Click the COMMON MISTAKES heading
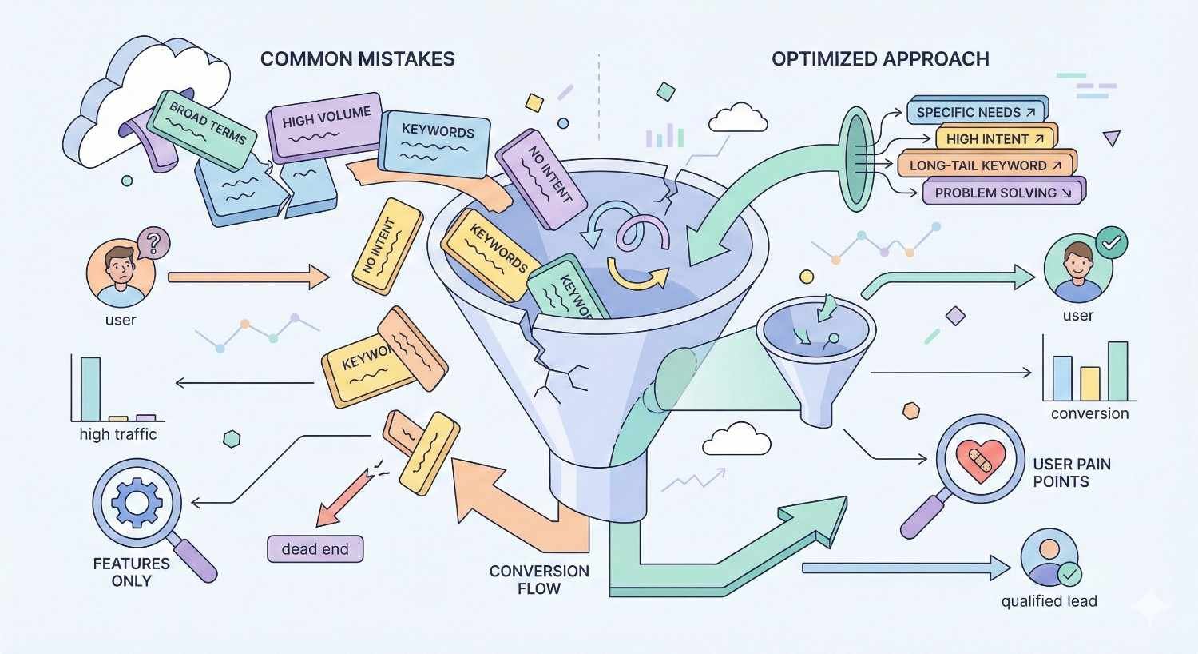tap(357, 59)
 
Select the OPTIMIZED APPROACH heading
tap(880, 59)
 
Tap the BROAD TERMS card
tap(207, 128)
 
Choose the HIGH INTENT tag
tap(994, 138)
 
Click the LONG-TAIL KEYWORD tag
tap(986, 165)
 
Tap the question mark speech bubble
tap(154, 241)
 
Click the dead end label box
tap(315, 549)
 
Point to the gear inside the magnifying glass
tap(136, 502)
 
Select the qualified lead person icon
tap(1049, 557)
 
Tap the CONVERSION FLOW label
tap(539, 580)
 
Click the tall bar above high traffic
tap(90, 389)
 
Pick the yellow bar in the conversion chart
tap(1089, 384)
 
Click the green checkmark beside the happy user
tap(1112, 241)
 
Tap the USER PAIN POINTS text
tap(1071, 473)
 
